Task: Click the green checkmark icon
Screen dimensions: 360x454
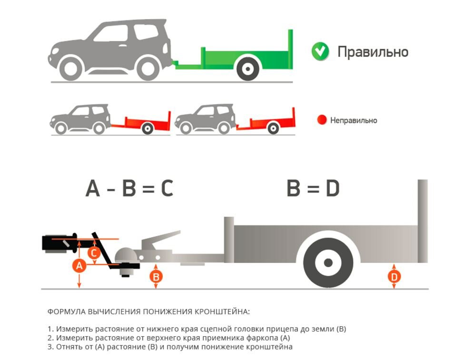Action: pyautogui.click(x=320, y=51)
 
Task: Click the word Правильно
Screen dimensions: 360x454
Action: pyautogui.click(x=373, y=51)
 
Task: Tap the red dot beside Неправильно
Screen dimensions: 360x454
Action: pyautogui.click(x=322, y=120)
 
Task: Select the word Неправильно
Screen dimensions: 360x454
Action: pyautogui.click(x=354, y=120)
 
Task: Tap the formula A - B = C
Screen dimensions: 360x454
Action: pyautogui.click(x=129, y=189)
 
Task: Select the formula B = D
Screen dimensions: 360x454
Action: pyautogui.click(x=313, y=189)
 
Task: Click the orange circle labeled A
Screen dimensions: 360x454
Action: pyautogui.click(x=79, y=266)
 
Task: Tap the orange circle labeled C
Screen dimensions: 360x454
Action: pyautogui.click(x=95, y=252)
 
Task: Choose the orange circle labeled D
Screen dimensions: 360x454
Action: pyautogui.click(x=394, y=276)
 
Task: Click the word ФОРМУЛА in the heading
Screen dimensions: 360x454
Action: pyautogui.click(x=67, y=312)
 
